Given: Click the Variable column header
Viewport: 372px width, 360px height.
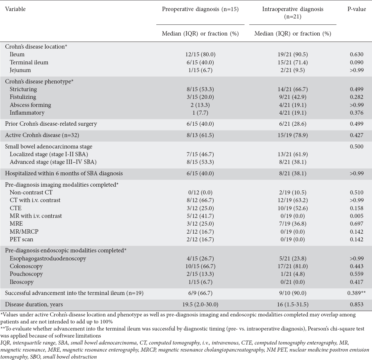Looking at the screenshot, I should (x=15, y=9).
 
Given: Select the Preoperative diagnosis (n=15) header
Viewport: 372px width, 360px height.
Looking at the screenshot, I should (x=200, y=9).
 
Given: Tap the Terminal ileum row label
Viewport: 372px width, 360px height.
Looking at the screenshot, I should (x=29, y=62).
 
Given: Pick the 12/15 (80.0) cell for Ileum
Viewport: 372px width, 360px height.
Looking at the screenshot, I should (x=200, y=54).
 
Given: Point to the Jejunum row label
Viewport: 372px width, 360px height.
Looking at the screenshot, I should (x=20, y=70).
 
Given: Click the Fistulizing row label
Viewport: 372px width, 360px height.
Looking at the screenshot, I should (x=23, y=97).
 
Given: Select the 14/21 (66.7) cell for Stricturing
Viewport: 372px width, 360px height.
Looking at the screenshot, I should (x=293, y=89).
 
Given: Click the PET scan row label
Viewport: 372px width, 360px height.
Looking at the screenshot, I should (x=21, y=239).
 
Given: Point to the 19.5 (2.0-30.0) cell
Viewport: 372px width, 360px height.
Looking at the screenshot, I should (x=200, y=305).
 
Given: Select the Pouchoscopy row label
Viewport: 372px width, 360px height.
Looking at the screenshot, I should (x=26, y=274).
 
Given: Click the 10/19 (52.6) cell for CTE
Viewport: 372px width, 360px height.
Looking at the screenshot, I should (x=293, y=208).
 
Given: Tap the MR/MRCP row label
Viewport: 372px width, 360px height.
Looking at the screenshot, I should (x=23, y=232).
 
